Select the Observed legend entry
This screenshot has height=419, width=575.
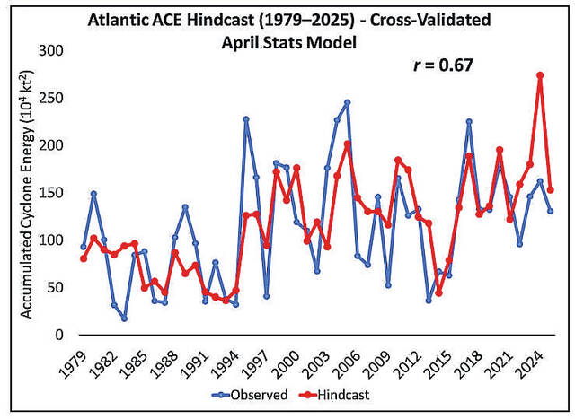(255, 393)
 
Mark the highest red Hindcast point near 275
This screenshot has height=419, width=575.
(540, 75)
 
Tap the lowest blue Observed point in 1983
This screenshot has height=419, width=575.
(124, 319)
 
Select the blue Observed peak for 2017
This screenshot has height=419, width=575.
(469, 121)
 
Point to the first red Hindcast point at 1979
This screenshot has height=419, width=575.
(84, 258)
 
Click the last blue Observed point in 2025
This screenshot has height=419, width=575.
(550, 211)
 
